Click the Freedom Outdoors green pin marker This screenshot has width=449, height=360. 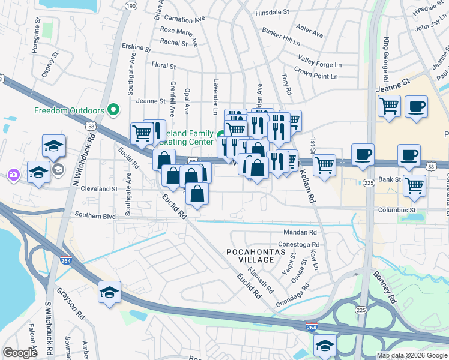click(112, 110)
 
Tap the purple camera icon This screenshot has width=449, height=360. click(13, 175)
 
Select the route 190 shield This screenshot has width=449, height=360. click(130, 5)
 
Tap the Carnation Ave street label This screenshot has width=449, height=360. click(185, 19)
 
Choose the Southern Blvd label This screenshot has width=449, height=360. click(95, 215)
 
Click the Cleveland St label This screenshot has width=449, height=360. click(99, 188)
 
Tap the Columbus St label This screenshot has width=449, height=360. click(397, 210)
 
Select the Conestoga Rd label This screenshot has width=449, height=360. click(300, 245)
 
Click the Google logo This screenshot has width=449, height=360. click(20, 353)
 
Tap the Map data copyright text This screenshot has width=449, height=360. click(411, 355)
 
